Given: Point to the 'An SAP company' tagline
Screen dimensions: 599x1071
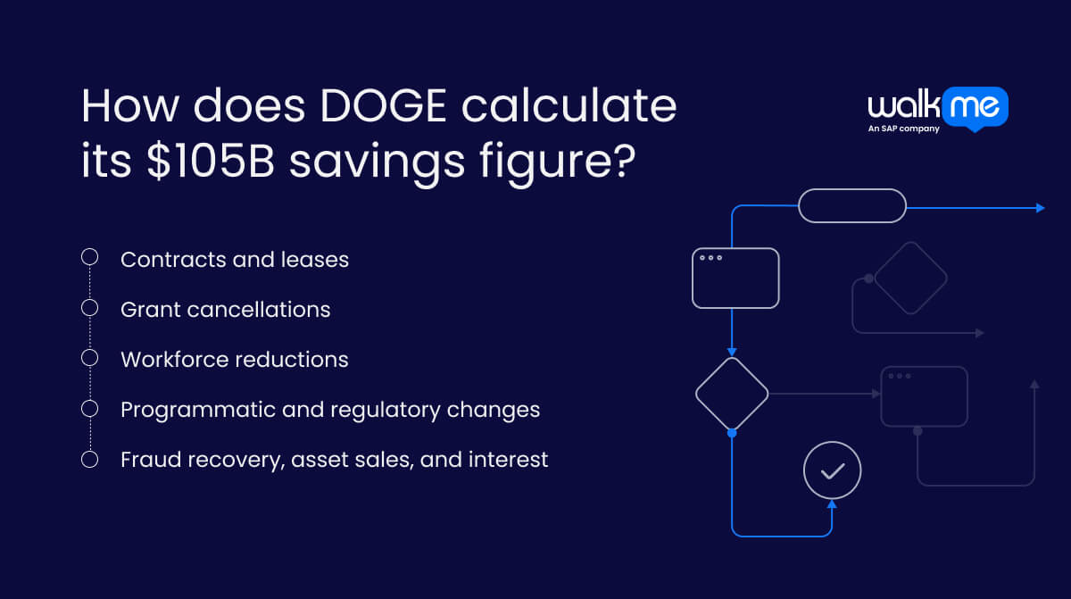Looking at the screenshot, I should coord(903,129).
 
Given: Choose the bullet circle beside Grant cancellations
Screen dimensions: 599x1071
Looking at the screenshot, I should coord(89,308).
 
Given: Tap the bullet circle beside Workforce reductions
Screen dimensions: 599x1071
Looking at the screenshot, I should coord(89,358).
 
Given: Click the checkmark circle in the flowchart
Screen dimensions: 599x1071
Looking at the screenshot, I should coord(832,470).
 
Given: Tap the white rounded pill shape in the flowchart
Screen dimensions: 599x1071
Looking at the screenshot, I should coord(851,206).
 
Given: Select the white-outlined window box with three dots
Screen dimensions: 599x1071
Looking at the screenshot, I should coord(735,278).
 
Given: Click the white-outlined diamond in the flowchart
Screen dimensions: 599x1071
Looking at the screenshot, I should coord(732,394).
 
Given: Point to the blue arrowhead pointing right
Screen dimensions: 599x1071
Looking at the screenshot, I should coord(1040,207).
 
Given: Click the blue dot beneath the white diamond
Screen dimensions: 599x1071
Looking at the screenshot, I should coord(732,433).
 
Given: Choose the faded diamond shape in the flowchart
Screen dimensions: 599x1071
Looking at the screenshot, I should coord(910,278).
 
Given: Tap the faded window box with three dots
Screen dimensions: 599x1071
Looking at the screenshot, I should coord(924,396).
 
